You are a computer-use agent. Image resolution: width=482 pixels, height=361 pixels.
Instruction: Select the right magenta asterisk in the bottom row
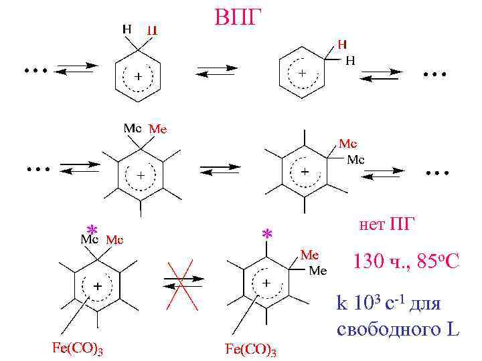click(x=267, y=235)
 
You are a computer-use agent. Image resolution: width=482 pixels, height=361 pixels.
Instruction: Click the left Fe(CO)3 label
click(x=77, y=348)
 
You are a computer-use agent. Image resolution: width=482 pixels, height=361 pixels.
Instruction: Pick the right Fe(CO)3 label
click(x=250, y=348)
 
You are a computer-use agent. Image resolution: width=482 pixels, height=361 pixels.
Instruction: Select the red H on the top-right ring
click(x=341, y=45)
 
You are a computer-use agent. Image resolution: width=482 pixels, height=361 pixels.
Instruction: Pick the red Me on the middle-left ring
click(x=157, y=128)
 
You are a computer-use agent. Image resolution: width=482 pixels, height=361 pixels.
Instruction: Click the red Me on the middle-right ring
click(x=347, y=143)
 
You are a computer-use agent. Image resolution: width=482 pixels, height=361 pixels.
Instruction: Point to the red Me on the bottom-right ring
click(x=309, y=255)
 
